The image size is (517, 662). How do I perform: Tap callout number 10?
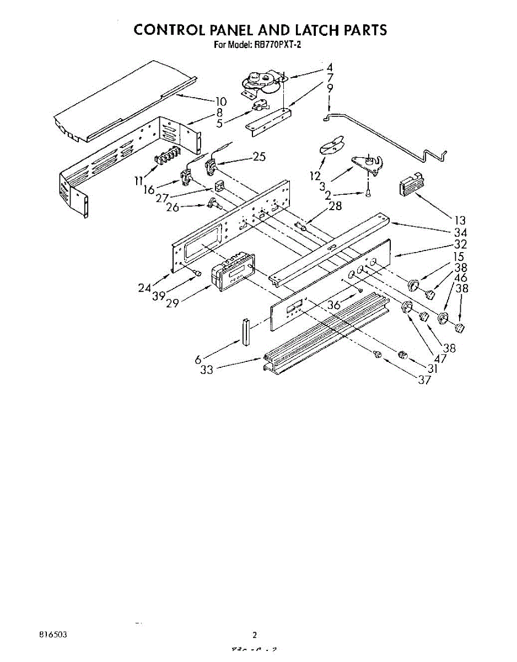click(x=221, y=101)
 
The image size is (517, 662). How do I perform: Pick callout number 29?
click(x=172, y=304)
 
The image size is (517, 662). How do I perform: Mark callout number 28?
click(x=335, y=206)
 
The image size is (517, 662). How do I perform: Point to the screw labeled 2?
click(x=367, y=192)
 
